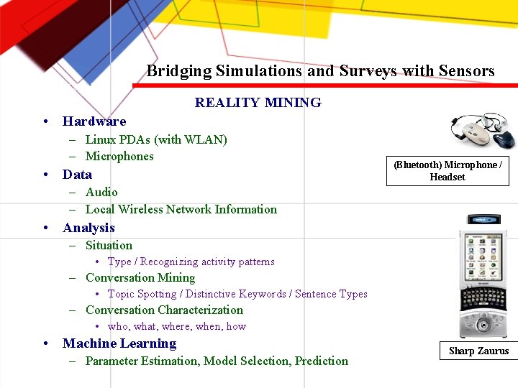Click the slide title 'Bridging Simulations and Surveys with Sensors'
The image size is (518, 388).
coord(320,71)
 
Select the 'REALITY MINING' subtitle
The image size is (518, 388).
coord(258,103)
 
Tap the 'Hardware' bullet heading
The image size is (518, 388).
coord(94,121)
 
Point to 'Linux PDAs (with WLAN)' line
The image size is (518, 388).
coord(156,139)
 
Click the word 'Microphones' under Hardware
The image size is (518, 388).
coord(119,157)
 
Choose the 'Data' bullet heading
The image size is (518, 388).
coord(77,175)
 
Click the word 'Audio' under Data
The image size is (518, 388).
coord(101,192)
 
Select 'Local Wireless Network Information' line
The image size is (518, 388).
coord(181,210)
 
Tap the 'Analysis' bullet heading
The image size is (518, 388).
coord(88,228)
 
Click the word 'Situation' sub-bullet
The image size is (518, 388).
coord(109,245)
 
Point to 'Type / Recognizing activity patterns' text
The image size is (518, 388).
coord(191,262)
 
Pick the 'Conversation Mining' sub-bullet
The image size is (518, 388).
coord(140,278)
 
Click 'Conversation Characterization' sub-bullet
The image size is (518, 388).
coord(164,310)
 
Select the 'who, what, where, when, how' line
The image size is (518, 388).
coord(176,326)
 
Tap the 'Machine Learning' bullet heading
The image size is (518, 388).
coord(119,343)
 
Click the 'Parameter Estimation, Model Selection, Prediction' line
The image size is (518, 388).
coord(217,361)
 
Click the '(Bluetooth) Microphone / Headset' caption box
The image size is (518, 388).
coord(447,171)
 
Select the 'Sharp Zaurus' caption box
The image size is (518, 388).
coord(478,351)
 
